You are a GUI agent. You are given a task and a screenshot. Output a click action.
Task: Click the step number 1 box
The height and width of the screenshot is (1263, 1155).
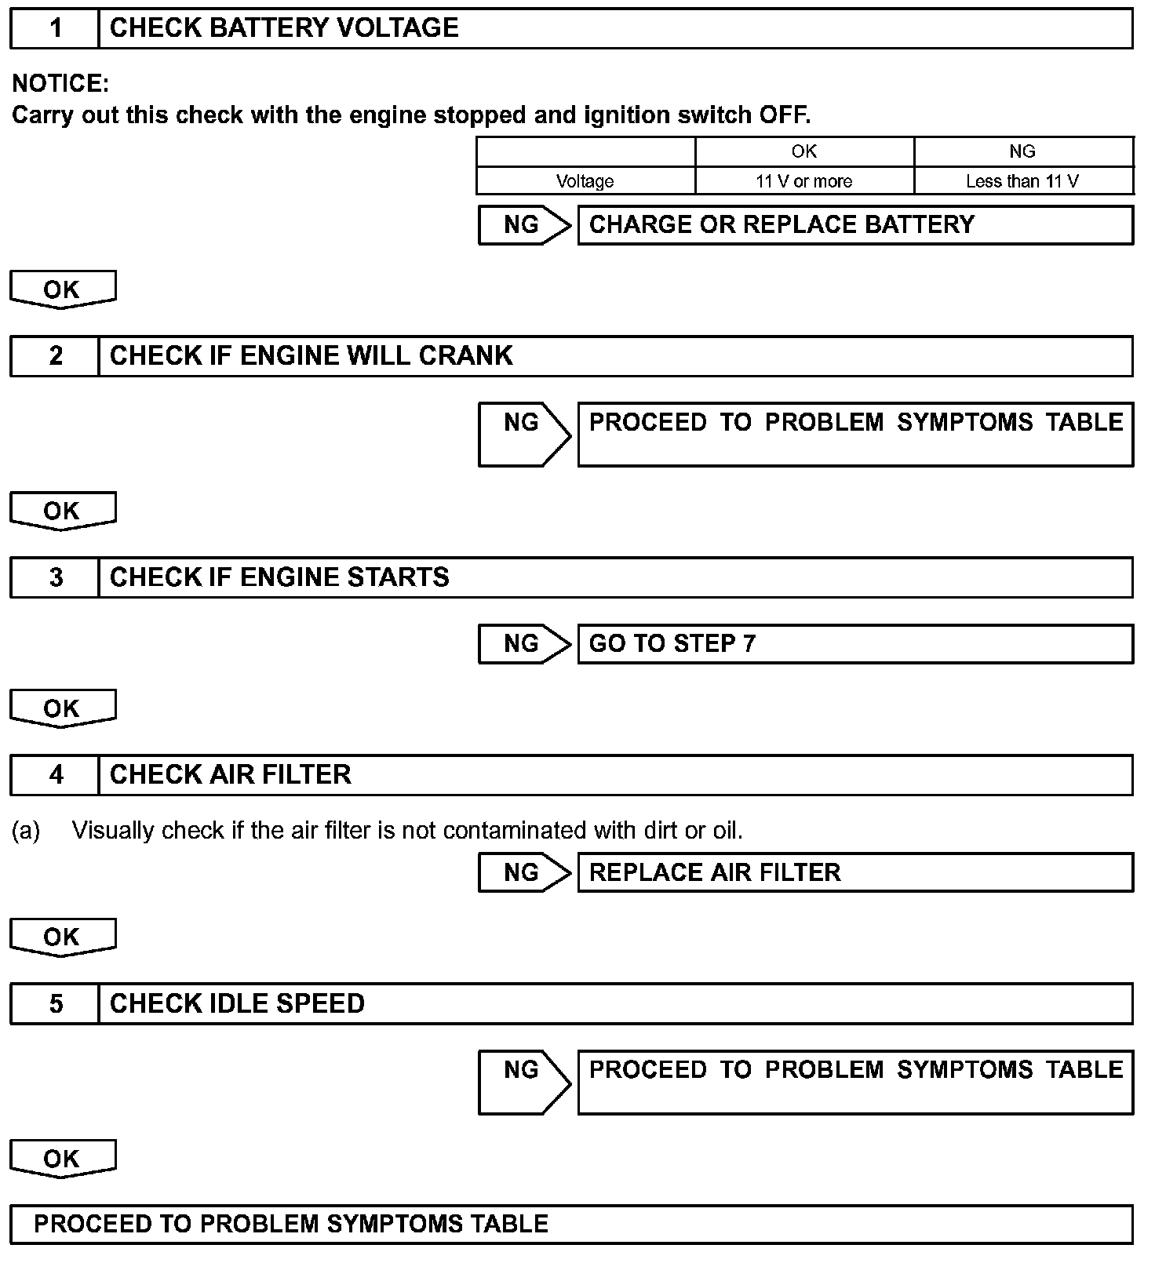(x=55, y=29)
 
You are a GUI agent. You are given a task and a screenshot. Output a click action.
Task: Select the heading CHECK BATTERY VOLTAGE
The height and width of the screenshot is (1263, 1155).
(x=284, y=28)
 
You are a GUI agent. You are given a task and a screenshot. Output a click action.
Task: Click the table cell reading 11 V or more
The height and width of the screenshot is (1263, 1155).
(x=803, y=181)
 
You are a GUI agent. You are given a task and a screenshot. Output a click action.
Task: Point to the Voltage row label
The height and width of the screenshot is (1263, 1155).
(x=585, y=181)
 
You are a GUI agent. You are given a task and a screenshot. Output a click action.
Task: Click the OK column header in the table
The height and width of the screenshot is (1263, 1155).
(x=803, y=151)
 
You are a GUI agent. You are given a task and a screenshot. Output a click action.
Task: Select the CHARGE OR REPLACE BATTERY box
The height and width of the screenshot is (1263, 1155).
(x=854, y=225)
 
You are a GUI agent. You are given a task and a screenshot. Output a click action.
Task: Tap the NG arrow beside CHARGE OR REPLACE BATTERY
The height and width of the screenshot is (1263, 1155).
(x=524, y=225)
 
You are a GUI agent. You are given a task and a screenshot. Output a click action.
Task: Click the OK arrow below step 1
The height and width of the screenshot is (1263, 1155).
(x=62, y=289)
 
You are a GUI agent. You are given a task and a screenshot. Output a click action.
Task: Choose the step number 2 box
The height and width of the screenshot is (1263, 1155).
(x=55, y=356)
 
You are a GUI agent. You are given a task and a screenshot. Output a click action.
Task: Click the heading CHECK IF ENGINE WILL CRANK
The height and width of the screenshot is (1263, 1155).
(x=311, y=356)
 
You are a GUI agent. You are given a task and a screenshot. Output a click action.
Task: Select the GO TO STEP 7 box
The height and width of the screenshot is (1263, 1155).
(x=854, y=644)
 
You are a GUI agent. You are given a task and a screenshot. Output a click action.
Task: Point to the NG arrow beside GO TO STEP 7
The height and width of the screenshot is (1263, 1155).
(x=524, y=644)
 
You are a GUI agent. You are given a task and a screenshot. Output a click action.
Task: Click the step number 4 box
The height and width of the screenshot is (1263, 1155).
(x=55, y=775)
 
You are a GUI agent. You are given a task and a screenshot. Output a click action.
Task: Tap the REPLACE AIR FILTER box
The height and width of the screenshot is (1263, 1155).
(x=854, y=872)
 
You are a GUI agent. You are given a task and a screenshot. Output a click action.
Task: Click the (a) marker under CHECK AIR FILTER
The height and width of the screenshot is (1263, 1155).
(x=26, y=830)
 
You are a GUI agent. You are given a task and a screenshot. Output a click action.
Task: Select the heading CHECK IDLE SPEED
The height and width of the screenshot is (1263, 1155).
(x=237, y=1004)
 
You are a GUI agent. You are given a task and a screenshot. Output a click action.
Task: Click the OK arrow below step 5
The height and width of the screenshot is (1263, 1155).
(x=62, y=1159)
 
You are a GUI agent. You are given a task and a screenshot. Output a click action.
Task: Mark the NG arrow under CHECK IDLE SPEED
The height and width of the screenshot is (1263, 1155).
(x=524, y=1082)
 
